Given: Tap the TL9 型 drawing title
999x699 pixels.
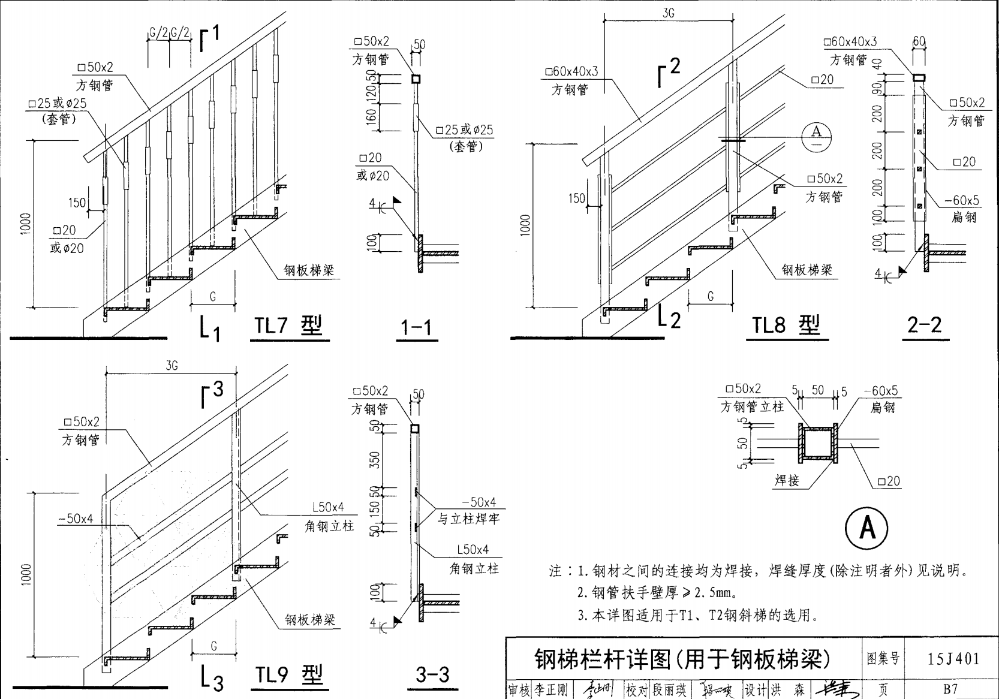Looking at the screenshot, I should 289,675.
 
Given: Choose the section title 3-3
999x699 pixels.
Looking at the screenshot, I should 432,675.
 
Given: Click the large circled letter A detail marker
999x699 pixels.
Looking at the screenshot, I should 866,528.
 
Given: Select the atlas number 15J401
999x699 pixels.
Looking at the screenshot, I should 953,659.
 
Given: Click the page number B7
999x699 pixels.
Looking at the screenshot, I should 950,689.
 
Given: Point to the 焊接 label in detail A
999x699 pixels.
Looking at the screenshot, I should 787,480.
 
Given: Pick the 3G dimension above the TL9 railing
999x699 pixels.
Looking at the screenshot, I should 171,366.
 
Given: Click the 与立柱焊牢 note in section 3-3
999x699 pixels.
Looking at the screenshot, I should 468,519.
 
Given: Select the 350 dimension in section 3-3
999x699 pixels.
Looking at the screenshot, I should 375,460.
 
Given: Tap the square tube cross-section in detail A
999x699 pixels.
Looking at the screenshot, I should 818,444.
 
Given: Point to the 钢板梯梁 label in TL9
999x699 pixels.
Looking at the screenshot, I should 310,620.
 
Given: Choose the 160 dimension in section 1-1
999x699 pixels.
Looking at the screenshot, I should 372,117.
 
